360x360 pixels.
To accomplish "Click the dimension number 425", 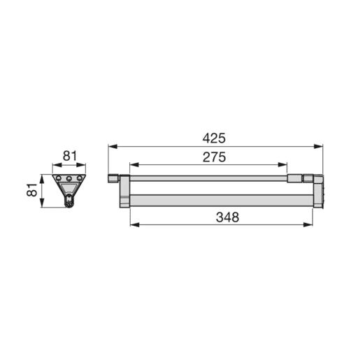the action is [214, 138].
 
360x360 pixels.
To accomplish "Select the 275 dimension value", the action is [214, 157].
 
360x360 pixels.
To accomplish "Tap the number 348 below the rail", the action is [227, 217].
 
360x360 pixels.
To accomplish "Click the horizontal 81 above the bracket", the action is [70, 156].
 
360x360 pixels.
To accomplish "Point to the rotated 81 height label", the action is [32, 190].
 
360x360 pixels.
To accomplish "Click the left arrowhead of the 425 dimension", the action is [113, 146].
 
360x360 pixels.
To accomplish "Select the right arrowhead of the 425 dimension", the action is [318, 146].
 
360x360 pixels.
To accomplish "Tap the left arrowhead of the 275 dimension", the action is [134, 165].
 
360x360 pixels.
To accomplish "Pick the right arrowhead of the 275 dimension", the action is [282, 165].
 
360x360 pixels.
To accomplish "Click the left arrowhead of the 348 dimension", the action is [135, 224].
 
